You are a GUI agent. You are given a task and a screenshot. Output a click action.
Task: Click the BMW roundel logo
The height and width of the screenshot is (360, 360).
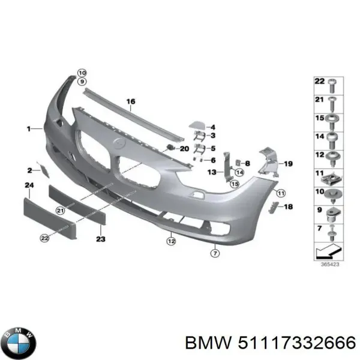(x=19, y=344)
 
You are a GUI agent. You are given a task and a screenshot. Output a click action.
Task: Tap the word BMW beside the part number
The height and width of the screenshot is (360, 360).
(x=206, y=343)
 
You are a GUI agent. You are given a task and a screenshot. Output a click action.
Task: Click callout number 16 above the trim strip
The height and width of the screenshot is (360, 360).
(x=131, y=102)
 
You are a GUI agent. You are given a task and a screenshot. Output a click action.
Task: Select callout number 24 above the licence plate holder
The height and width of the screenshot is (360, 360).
(x=28, y=186)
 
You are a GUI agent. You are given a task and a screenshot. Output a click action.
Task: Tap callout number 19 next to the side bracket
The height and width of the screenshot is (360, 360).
(x=287, y=163)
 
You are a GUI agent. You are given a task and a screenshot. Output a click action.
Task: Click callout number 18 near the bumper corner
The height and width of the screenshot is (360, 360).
(x=288, y=207)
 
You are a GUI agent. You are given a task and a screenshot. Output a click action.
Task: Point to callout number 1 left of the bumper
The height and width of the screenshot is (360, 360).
(x=28, y=128)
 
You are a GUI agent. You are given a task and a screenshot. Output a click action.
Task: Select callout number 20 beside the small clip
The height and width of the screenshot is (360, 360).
(x=184, y=149)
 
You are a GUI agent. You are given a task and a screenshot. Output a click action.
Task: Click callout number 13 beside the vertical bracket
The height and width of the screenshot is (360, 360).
(x=211, y=172)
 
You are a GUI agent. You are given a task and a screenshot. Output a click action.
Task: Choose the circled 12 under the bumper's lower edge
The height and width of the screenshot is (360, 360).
(x=171, y=242)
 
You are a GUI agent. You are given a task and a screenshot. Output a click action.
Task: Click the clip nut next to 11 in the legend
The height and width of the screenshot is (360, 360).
(x=332, y=177)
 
